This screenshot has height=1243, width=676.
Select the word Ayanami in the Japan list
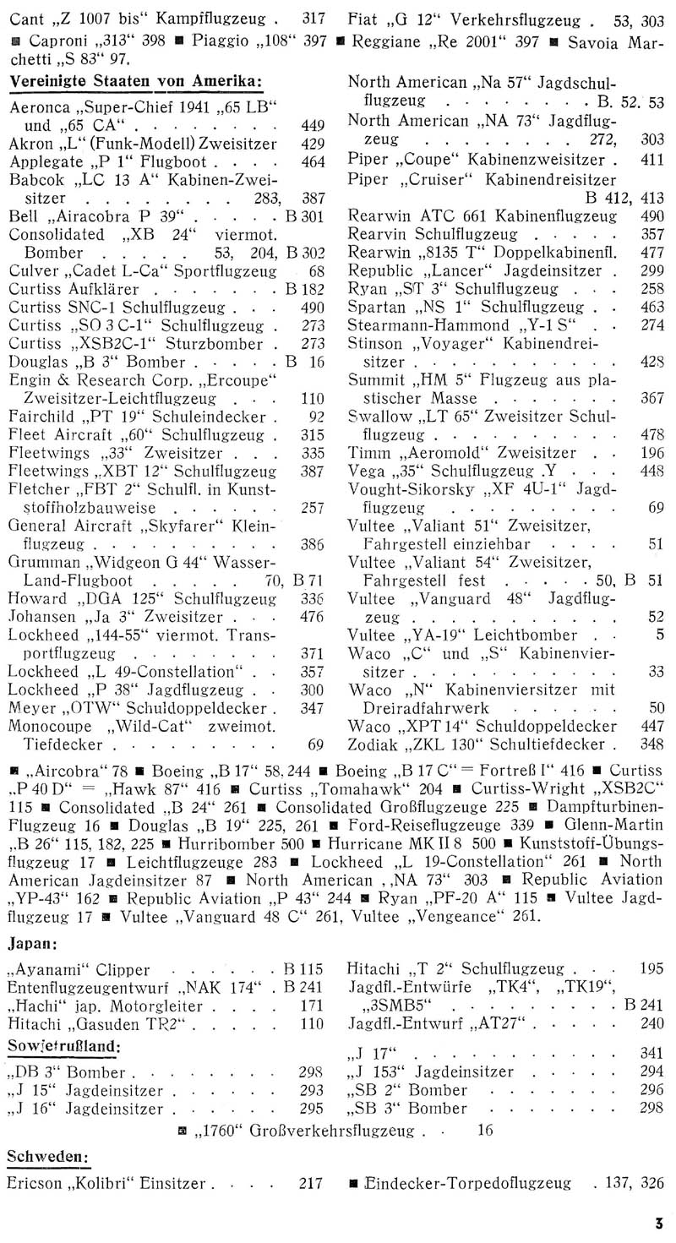[x=51, y=969]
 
